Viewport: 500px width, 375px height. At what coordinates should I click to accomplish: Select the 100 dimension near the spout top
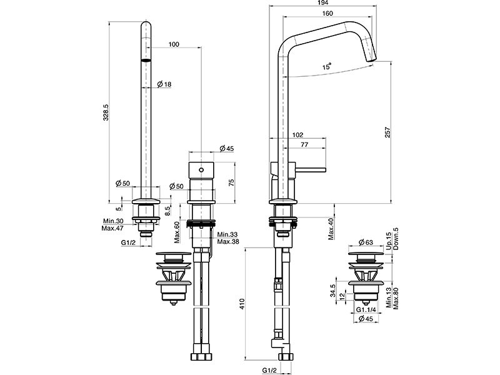pos(174,44)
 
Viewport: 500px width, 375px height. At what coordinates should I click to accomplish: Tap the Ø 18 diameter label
pos(165,84)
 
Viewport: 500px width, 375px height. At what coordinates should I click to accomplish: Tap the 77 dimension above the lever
pos(305,144)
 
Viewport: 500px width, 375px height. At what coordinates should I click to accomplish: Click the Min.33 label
pos(227,234)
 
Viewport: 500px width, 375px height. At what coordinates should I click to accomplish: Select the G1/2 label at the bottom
pos(269,369)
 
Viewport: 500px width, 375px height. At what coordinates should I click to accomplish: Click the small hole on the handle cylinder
pos(201,169)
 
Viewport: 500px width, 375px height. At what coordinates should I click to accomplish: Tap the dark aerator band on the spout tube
pos(147,61)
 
